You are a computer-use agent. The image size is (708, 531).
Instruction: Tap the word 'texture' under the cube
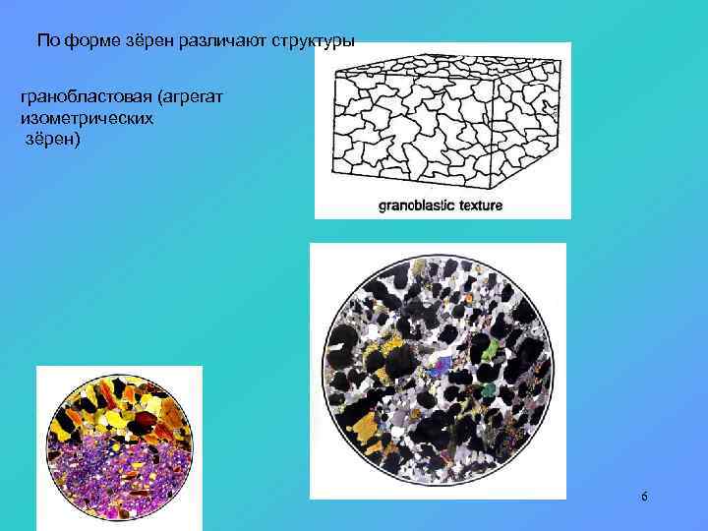[479, 206]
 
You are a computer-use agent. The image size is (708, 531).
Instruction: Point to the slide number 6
[644, 497]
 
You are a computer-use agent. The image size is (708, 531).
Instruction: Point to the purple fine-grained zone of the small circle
[118, 482]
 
